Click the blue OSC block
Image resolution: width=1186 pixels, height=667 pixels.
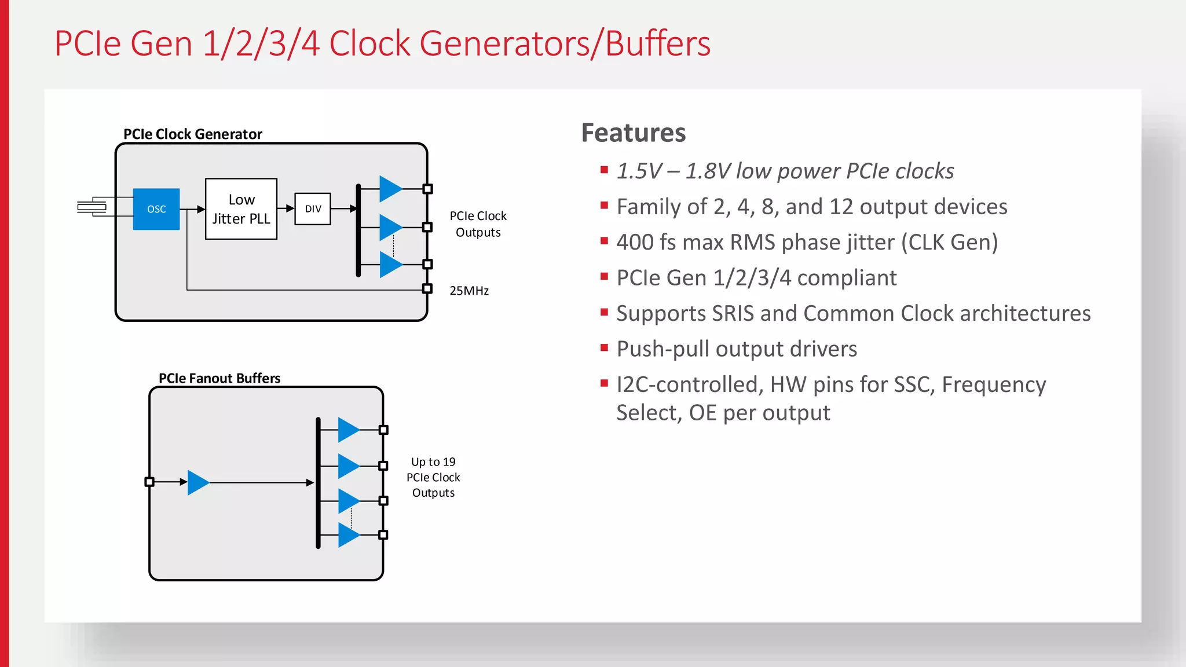[x=156, y=209]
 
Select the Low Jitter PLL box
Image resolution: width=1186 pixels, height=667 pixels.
[x=241, y=209]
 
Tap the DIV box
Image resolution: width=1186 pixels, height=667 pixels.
[x=313, y=209]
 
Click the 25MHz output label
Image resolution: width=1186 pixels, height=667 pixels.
[x=469, y=291]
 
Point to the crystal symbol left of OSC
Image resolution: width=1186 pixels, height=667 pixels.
[x=91, y=207]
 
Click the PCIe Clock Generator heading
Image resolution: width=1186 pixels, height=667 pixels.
[x=193, y=134]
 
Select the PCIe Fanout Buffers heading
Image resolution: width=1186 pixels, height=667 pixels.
[x=219, y=379]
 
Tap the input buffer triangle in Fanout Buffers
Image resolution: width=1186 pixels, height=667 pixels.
[x=197, y=482]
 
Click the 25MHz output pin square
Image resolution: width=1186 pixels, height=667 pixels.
[x=427, y=288]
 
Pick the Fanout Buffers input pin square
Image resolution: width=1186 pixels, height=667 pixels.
[x=149, y=482]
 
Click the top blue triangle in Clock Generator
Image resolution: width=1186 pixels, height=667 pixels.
[x=389, y=189]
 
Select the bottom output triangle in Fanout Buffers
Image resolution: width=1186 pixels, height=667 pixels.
[x=347, y=535]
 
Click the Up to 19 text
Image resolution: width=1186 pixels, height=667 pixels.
[x=433, y=462]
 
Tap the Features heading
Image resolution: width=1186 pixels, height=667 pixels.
[x=634, y=133]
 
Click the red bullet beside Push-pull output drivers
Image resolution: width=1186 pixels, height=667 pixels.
[x=604, y=348]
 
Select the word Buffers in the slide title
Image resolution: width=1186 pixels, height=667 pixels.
[x=658, y=44]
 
